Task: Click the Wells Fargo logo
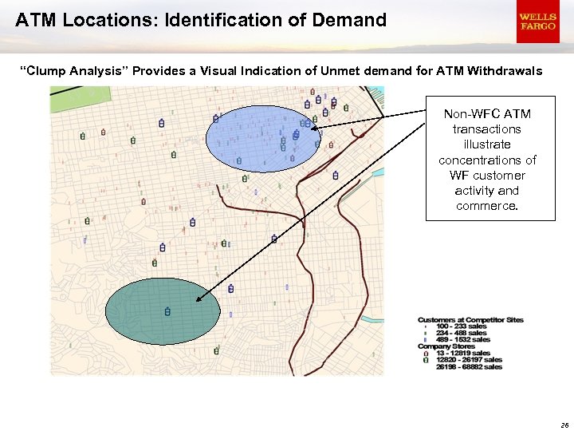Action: (537, 22)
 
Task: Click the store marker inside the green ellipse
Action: (167, 311)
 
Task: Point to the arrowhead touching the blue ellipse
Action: (315, 128)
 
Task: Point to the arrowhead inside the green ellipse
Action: (199, 300)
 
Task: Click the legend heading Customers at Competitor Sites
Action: (470, 320)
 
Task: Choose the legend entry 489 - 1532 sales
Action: (462, 340)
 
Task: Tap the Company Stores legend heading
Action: (446, 346)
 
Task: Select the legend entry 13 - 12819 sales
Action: (462, 353)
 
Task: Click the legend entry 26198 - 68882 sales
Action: (469, 366)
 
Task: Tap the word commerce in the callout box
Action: (486, 206)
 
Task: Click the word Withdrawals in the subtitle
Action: (505, 72)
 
